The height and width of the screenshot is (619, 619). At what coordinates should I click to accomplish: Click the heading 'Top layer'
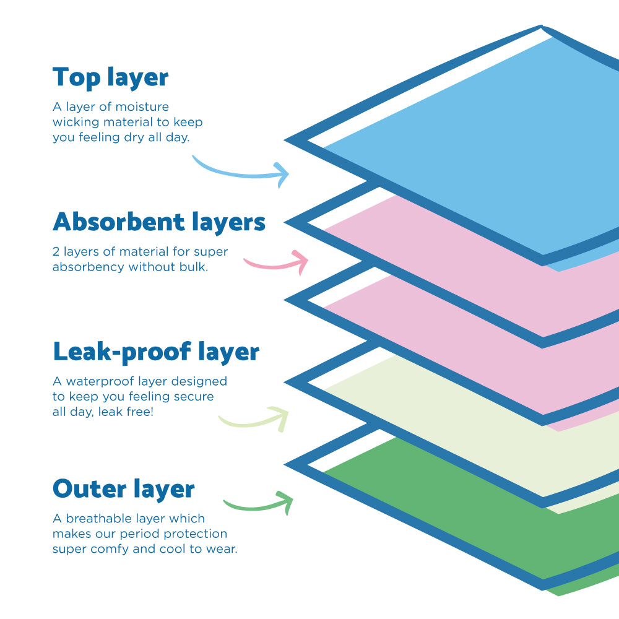pyautogui.click(x=110, y=79)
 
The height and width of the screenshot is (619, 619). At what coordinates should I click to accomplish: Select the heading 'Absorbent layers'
pyautogui.click(x=159, y=222)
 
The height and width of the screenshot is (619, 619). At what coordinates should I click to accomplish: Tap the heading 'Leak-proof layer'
pyautogui.click(x=156, y=352)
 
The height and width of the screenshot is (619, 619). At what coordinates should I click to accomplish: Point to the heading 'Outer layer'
pyautogui.click(x=124, y=488)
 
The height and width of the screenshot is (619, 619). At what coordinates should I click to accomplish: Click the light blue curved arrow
pyautogui.click(x=241, y=172)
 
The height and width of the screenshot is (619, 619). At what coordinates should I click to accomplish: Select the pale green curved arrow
pyautogui.click(x=254, y=421)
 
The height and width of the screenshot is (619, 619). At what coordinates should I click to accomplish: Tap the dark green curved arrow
pyautogui.click(x=258, y=503)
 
